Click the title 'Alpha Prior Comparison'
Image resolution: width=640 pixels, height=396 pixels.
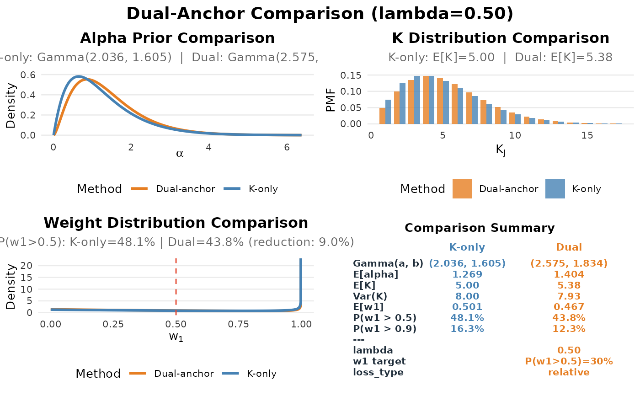(177, 38)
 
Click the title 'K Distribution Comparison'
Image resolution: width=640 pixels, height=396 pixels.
(500, 38)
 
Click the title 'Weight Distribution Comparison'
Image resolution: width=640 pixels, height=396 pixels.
(176, 223)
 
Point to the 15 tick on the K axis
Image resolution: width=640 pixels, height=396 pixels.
(587, 135)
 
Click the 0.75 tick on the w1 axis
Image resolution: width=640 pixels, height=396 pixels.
(238, 324)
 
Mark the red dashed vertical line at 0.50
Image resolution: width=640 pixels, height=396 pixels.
(176, 284)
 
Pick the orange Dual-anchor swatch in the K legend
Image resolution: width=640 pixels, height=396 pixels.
(462, 189)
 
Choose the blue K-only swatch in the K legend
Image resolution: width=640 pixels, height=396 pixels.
(555, 189)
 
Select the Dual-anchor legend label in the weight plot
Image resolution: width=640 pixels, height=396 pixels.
(184, 374)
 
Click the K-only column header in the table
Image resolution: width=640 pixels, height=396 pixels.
(467, 247)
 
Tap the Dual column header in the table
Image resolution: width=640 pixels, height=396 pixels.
(569, 247)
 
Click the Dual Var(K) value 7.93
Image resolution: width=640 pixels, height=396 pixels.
(569, 296)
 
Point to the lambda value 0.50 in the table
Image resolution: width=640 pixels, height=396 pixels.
(569, 350)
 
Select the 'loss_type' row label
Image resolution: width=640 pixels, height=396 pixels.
(378, 372)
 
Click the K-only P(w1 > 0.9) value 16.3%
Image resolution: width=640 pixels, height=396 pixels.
(467, 329)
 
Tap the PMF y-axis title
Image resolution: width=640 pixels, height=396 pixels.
(331, 100)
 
